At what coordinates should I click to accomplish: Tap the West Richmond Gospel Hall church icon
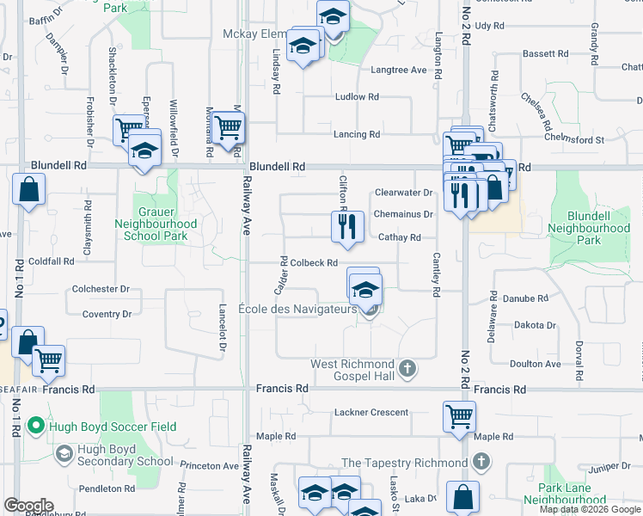pyautogui.click(x=408, y=369)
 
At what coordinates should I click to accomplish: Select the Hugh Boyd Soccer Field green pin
pyautogui.click(x=35, y=426)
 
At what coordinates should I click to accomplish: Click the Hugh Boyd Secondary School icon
pyautogui.click(x=64, y=453)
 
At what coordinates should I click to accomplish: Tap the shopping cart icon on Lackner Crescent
pyautogui.click(x=459, y=415)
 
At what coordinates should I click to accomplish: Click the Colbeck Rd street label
pyautogui.click(x=313, y=263)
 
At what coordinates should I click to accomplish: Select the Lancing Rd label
pyautogui.click(x=357, y=134)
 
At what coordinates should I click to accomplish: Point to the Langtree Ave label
pyautogui.click(x=399, y=70)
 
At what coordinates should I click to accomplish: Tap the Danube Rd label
pyautogui.click(x=530, y=298)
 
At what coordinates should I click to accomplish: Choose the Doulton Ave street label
pyautogui.click(x=536, y=364)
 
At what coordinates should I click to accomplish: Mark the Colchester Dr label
pyautogui.click(x=101, y=289)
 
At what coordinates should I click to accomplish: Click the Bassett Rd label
pyautogui.click(x=546, y=53)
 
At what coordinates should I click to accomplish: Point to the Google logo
pyautogui.click(x=28, y=506)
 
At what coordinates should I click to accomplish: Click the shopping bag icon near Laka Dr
pyautogui.click(x=463, y=497)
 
